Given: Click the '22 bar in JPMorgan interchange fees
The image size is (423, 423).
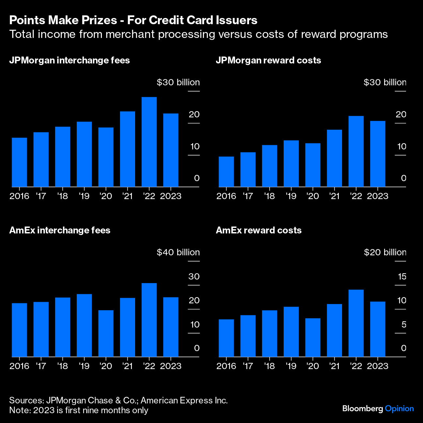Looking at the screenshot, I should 149,142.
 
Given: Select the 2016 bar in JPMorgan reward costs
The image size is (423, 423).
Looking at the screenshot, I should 226,172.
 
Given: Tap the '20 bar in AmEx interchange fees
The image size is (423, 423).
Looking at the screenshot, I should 106,333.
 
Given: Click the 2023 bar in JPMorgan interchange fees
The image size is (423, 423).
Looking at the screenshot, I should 171,150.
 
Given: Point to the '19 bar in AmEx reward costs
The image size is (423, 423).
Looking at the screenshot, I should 291,331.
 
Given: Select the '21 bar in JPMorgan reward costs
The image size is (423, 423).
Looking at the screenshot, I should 334,158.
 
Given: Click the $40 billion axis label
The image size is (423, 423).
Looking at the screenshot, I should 178,252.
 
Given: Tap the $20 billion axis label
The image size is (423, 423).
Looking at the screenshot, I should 385,252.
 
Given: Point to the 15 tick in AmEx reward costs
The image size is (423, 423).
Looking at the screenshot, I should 402,277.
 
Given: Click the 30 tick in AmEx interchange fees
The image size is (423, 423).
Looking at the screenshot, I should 194,277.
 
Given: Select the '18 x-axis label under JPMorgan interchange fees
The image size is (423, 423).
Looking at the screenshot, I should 62,196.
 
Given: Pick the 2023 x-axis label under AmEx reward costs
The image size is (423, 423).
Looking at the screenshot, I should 378,366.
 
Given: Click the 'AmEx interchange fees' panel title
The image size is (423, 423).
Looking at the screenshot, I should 60,230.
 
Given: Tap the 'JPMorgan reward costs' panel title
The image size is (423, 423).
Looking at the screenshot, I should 268,60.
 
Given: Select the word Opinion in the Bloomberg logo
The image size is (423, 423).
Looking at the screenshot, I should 399,408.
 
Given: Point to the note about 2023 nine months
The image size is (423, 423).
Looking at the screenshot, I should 79,410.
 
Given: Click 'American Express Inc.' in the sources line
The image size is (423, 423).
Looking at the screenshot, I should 184,400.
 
